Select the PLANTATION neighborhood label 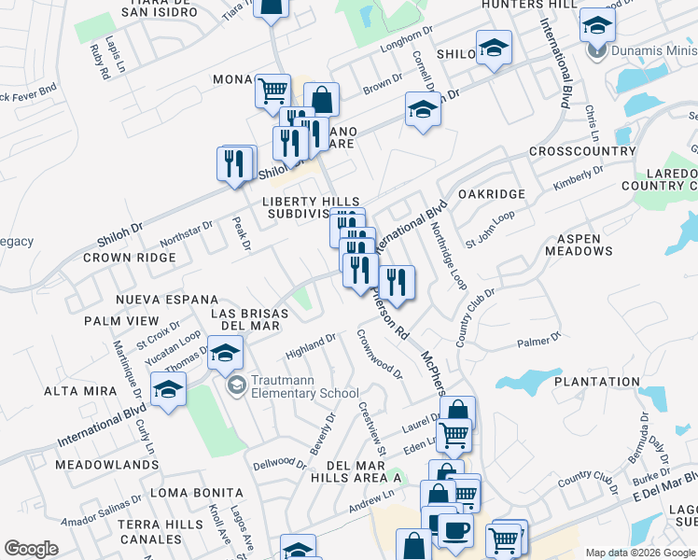click(596, 382)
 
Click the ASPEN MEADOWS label click(585, 245)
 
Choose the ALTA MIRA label click(79, 391)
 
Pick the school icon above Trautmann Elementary click(225, 353)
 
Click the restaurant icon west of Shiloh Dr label click(235, 162)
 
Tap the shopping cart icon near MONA click(272, 91)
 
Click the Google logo click(31, 548)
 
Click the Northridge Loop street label click(452, 262)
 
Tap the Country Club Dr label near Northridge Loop click(474, 318)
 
